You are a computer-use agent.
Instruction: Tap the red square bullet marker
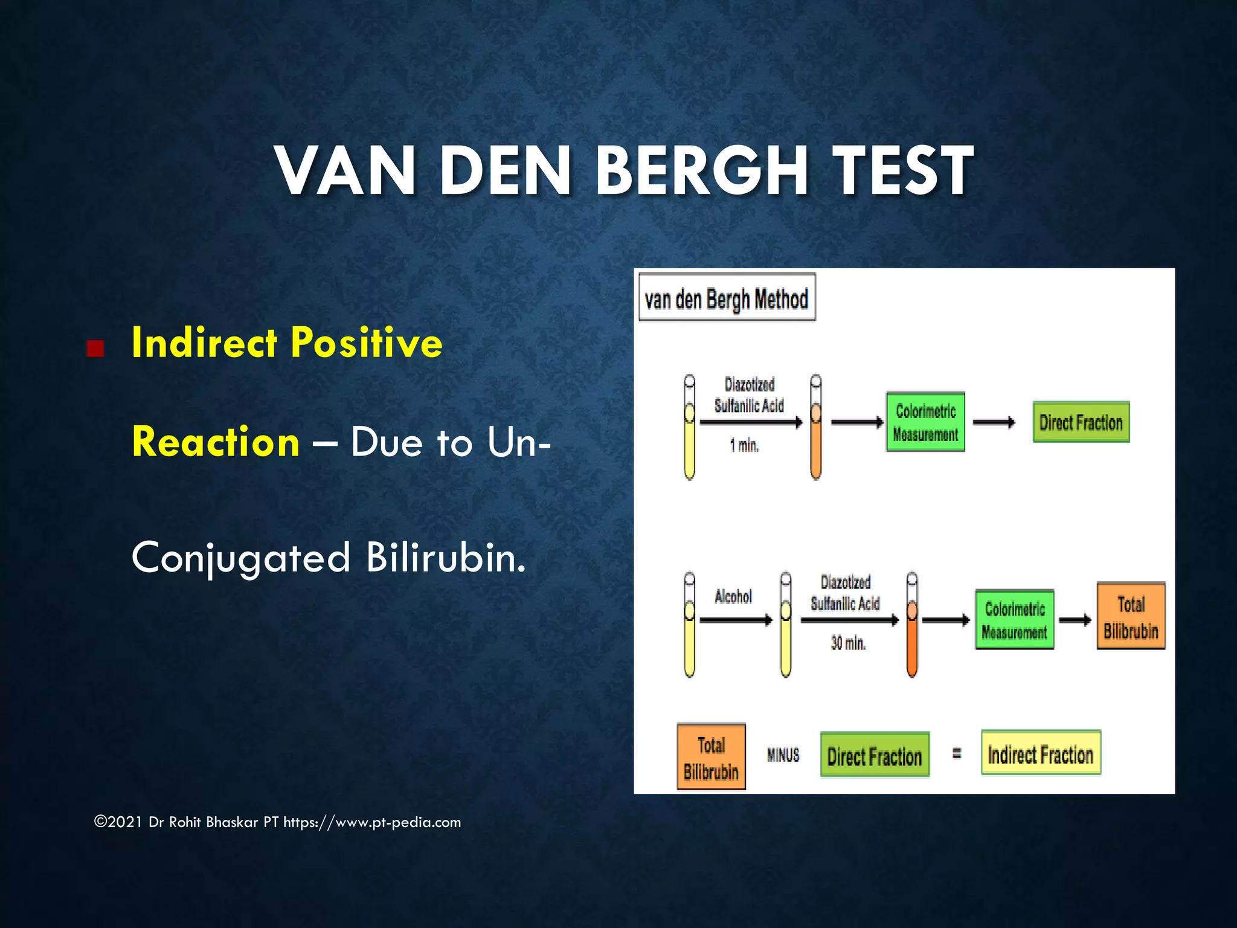(x=95, y=349)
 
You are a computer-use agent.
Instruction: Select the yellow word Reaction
(x=216, y=442)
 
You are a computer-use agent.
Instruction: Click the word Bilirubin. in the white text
(x=446, y=557)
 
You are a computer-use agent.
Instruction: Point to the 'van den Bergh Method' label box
(x=727, y=298)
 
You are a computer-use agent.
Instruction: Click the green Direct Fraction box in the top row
(x=1081, y=422)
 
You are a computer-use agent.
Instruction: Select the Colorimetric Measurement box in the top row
(x=925, y=422)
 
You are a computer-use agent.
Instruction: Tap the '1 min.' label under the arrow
(x=744, y=446)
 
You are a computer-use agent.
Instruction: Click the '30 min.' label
(x=848, y=643)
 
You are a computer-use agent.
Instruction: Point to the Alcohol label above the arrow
(x=733, y=597)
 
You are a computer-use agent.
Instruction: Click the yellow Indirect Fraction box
(x=1040, y=753)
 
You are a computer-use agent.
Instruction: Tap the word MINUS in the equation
(x=783, y=755)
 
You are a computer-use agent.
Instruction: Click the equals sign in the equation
(x=957, y=753)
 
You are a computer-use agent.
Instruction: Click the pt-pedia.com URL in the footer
(x=372, y=822)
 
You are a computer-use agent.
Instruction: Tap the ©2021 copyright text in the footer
(x=118, y=822)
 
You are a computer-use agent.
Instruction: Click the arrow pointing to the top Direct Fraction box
(x=994, y=422)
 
